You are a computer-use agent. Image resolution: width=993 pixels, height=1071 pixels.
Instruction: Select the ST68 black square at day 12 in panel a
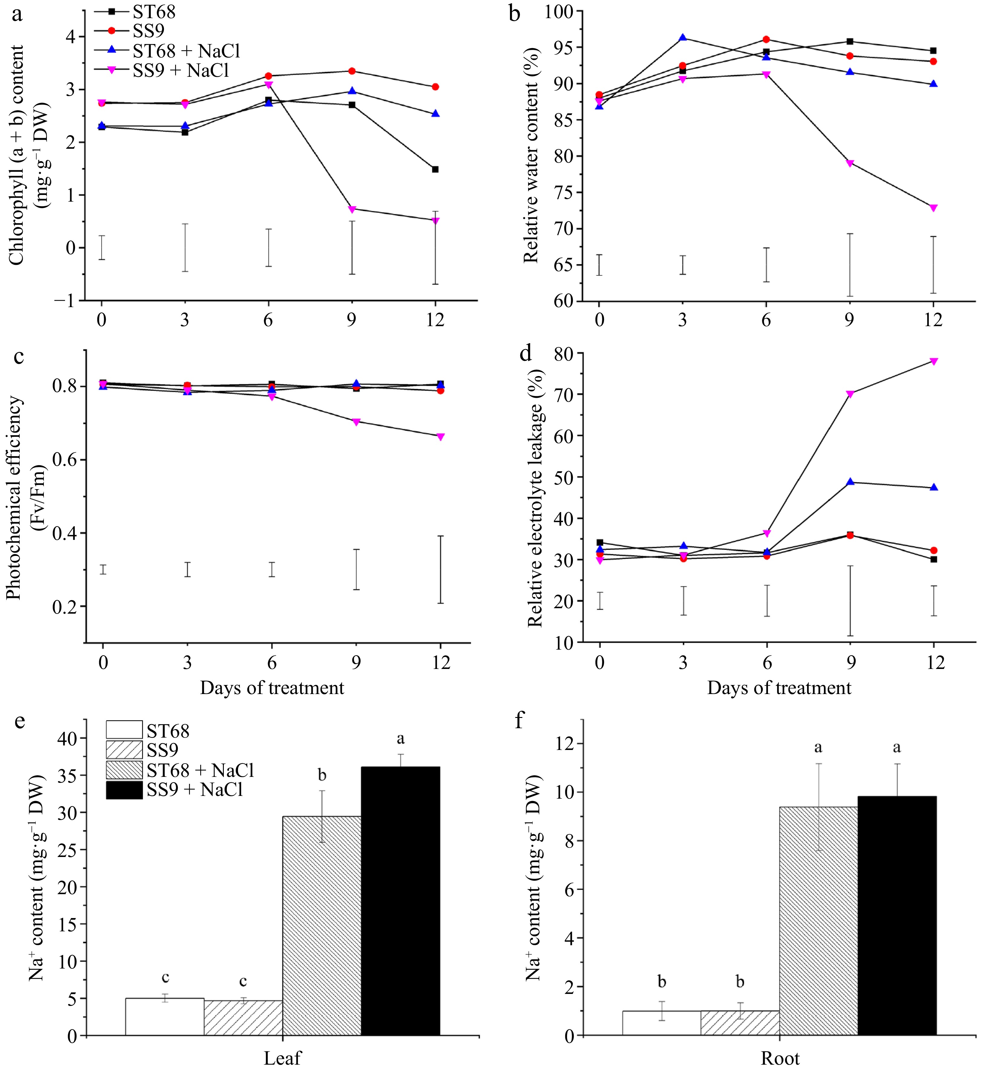tap(435, 169)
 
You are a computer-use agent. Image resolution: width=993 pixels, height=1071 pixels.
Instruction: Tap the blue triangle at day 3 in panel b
tap(683, 37)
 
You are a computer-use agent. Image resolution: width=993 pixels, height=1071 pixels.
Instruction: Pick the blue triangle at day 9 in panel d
tap(850, 482)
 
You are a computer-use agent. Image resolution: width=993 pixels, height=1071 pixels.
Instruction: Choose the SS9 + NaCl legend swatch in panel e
tap(124, 790)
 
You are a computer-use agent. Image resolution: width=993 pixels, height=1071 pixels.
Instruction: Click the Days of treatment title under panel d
tap(779, 688)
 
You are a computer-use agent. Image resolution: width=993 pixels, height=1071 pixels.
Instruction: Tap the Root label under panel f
tap(780, 1058)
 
